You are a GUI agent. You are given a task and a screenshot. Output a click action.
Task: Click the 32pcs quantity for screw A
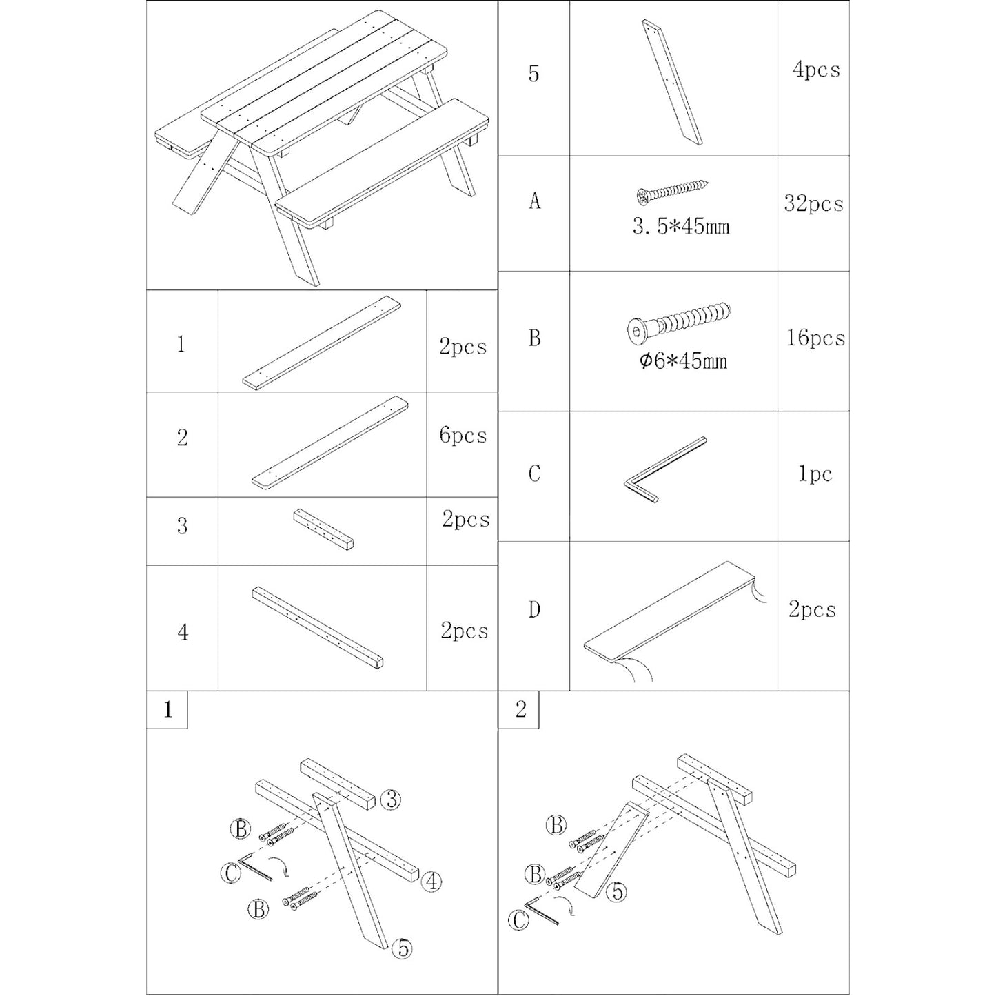(813, 203)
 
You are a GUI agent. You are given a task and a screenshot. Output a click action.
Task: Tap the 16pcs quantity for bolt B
(815, 338)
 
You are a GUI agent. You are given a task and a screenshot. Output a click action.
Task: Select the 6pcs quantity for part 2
(463, 436)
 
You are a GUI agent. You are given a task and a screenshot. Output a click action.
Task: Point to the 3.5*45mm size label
(681, 226)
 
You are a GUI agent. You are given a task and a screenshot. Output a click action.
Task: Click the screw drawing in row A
(672, 191)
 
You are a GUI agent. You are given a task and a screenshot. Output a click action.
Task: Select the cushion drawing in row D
(672, 613)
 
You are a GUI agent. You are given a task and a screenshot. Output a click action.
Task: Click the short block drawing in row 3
(323, 529)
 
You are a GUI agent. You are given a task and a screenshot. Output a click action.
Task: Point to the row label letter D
(534, 609)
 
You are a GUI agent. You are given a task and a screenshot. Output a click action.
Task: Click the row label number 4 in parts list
(183, 632)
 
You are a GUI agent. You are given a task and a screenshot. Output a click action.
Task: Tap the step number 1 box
(167, 710)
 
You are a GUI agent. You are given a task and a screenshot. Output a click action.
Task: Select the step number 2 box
(520, 709)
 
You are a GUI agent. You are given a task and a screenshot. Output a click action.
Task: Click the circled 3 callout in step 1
(391, 799)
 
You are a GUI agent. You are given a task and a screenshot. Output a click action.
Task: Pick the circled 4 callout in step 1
(431, 881)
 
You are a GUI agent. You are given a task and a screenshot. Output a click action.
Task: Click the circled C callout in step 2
(518, 920)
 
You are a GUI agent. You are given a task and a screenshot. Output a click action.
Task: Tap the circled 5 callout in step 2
(616, 892)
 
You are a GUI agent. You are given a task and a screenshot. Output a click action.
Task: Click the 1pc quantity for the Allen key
(815, 474)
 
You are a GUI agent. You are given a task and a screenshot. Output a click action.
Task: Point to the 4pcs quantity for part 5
(816, 70)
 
